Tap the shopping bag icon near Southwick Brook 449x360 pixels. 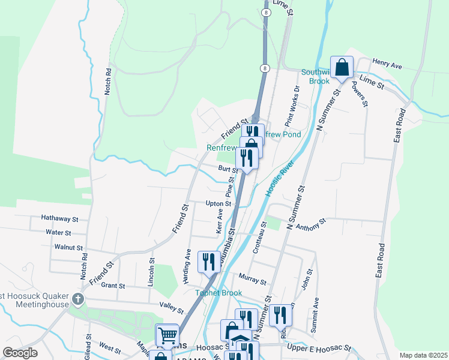(x=342, y=68)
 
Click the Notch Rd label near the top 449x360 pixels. (x=109, y=78)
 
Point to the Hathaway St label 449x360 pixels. (x=59, y=219)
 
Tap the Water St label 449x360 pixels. (x=58, y=232)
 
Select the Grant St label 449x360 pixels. (x=113, y=286)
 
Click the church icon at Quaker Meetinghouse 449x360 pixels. (x=77, y=299)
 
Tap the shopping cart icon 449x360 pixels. (x=167, y=335)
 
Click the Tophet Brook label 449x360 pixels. (x=218, y=293)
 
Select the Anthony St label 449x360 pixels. (x=310, y=224)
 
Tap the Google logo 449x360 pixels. (x=20, y=353)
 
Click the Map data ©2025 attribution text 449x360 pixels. (x=423, y=355)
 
